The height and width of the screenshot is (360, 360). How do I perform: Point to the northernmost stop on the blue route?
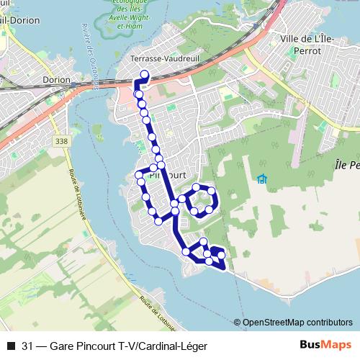click(144, 73)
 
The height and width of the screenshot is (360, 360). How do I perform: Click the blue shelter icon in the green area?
click(261, 179)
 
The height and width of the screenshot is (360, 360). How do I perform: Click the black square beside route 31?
click(10, 344)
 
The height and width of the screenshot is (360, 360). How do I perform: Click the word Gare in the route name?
click(63, 344)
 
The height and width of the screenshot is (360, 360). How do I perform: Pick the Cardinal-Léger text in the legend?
click(172, 344)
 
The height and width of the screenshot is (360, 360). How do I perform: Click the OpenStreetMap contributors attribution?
click(297, 322)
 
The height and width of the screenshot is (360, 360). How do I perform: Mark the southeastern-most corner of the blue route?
click(225, 270)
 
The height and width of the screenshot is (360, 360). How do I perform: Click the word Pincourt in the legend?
click(97, 344)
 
